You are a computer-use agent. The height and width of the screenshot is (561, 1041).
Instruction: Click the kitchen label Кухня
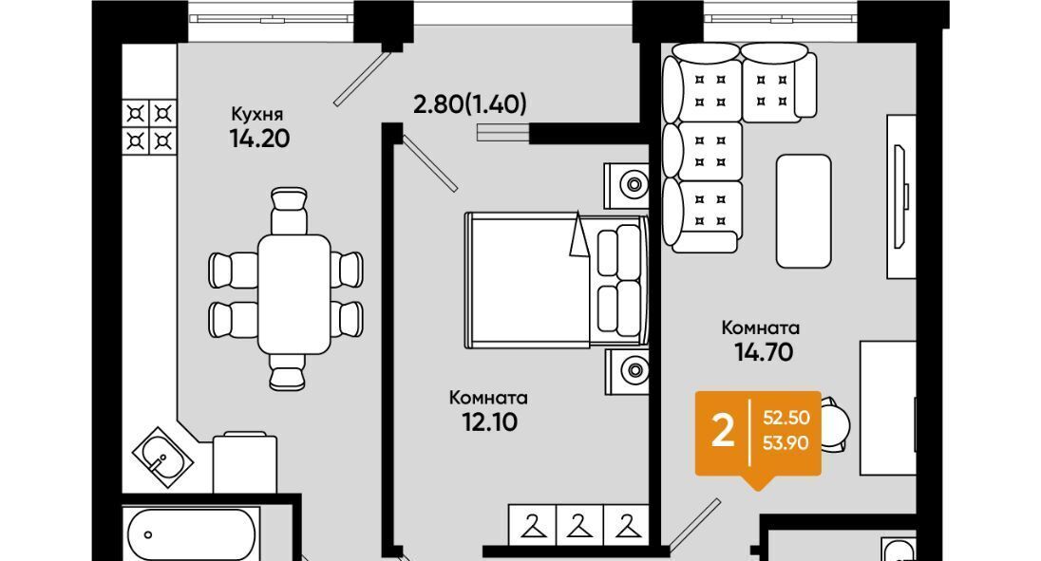click(x=256, y=114)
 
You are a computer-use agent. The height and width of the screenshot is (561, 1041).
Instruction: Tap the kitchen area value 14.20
click(x=259, y=139)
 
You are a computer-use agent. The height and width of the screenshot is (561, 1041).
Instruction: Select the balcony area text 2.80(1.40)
click(x=469, y=104)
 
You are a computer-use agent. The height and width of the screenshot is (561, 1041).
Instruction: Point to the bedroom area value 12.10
click(x=489, y=421)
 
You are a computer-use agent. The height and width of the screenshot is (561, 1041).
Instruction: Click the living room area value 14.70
click(x=764, y=352)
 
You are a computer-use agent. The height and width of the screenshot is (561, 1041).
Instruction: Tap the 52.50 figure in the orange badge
click(x=786, y=418)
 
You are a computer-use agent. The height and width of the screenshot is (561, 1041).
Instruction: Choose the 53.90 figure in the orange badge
click(x=786, y=443)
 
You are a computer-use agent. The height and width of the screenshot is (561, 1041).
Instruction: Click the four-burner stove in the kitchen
click(x=149, y=126)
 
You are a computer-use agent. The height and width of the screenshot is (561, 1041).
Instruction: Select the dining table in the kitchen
click(x=294, y=293)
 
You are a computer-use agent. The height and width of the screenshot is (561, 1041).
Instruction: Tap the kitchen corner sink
click(x=162, y=457)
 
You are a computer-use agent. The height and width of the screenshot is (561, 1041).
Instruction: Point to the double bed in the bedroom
click(x=557, y=280)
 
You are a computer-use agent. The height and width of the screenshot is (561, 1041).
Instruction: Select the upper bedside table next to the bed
click(x=626, y=185)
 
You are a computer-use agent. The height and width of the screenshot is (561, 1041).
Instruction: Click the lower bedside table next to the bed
click(x=627, y=372)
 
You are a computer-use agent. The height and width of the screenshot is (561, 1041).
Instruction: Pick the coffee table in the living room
click(x=804, y=211)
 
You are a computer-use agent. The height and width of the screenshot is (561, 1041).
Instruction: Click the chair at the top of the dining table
click(x=290, y=211)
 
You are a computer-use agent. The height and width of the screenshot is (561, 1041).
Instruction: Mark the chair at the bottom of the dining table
click(x=288, y=371)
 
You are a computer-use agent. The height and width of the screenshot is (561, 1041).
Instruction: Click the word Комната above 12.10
click(x=488, y=398)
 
